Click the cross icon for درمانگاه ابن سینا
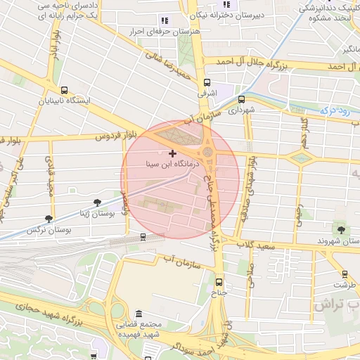(172, 153)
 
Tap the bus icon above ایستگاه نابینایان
(65, 90)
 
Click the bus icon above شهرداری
(242, 99)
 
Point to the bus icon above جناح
(219, 282)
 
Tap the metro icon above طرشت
(345, 274)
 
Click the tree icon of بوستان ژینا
(97, 202)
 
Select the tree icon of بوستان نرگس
(49, 219)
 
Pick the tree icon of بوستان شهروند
(341, 229)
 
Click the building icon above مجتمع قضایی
(139, 313)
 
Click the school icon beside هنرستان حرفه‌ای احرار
(165, 21)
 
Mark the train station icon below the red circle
(143, 237)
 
